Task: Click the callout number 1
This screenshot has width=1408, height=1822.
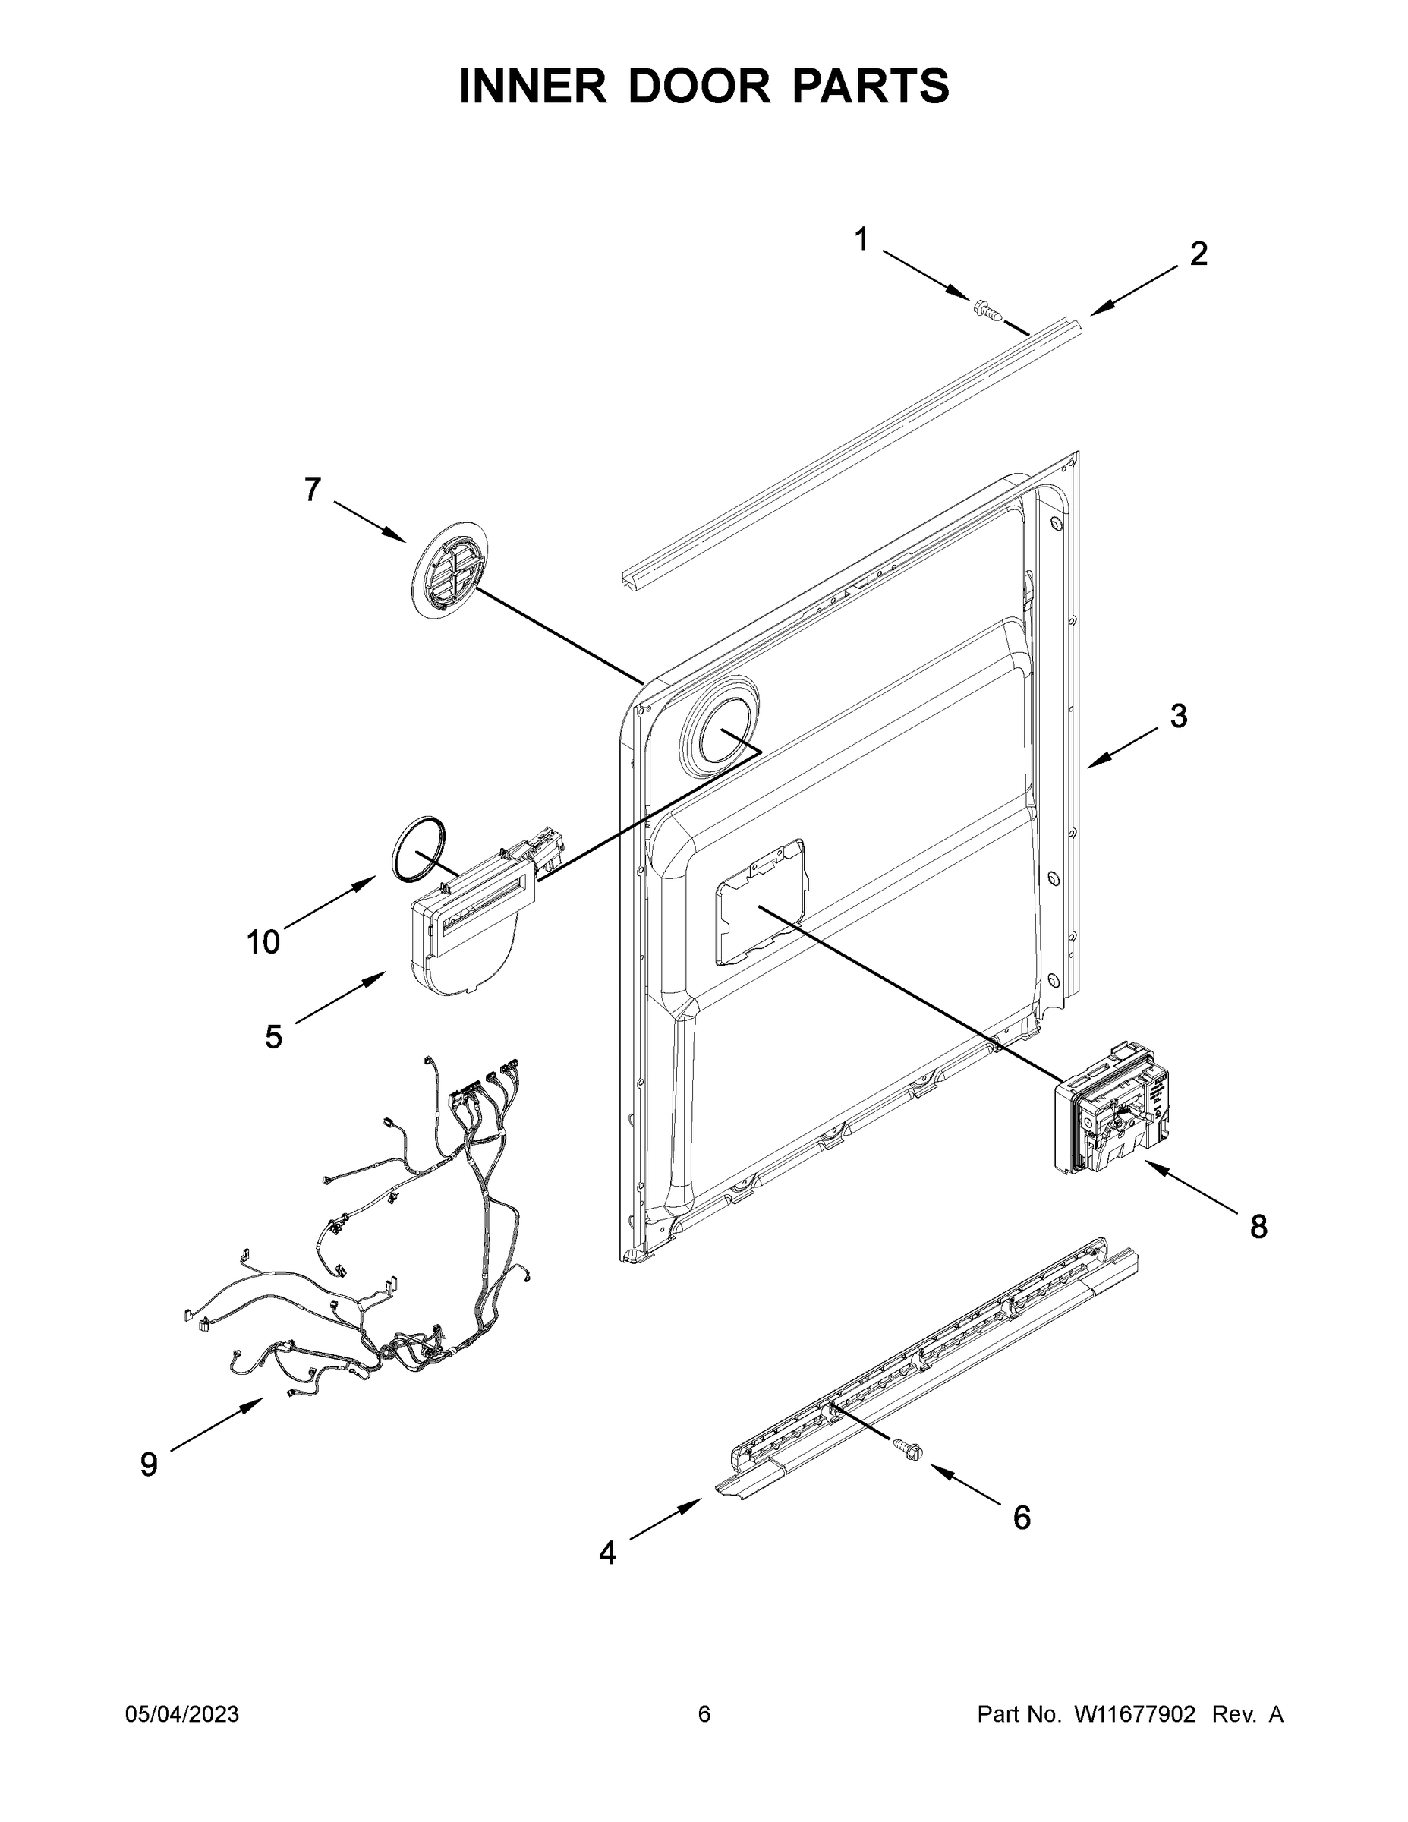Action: click(861, 240)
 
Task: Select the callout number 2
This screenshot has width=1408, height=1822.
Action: click(1198, 254)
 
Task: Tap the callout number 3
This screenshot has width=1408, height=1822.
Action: click(1178, 715)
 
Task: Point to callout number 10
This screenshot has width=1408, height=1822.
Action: click(263, 942)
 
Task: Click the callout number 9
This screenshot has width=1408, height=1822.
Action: click(149, 1463)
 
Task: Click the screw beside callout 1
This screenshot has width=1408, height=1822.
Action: click(987, 310)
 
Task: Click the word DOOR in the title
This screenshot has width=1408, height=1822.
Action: click(699, 86)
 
